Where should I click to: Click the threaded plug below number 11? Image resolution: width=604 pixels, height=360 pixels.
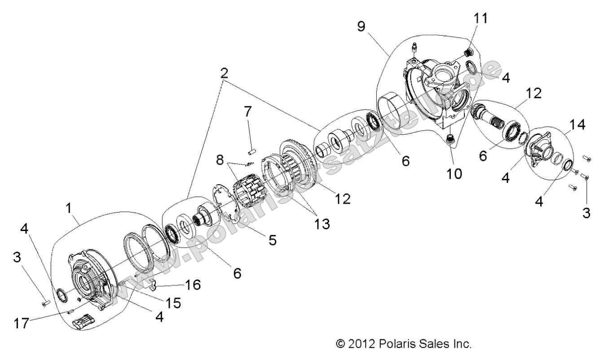click(x=468, y=53)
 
